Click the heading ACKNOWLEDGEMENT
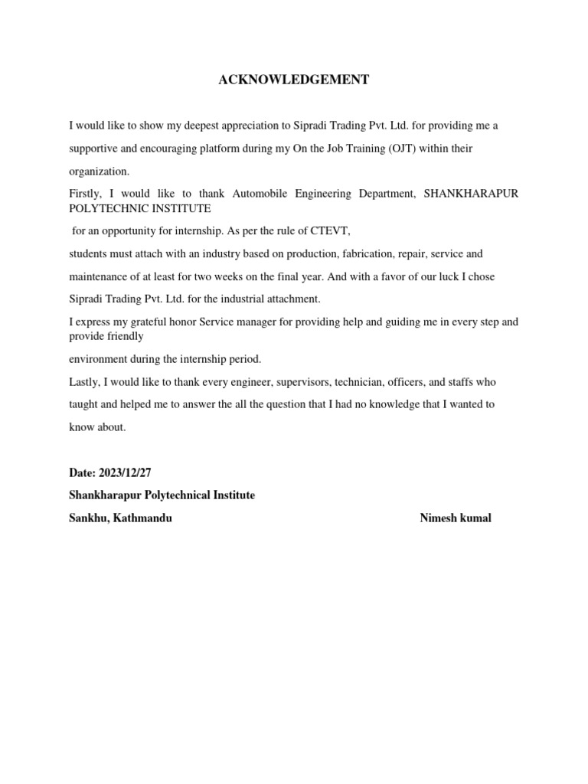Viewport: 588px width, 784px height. click(x=294, y=80)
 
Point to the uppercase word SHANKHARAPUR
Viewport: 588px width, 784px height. click(x=471, y=194)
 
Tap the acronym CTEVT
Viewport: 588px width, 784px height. click(x=332, y=230)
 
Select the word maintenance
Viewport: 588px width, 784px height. click(x=99, y=276)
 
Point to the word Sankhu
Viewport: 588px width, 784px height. click(x=87, y=518)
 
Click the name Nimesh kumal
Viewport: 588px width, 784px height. click(x=456, y=518)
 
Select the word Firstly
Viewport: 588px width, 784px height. click(x=85, y=194)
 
